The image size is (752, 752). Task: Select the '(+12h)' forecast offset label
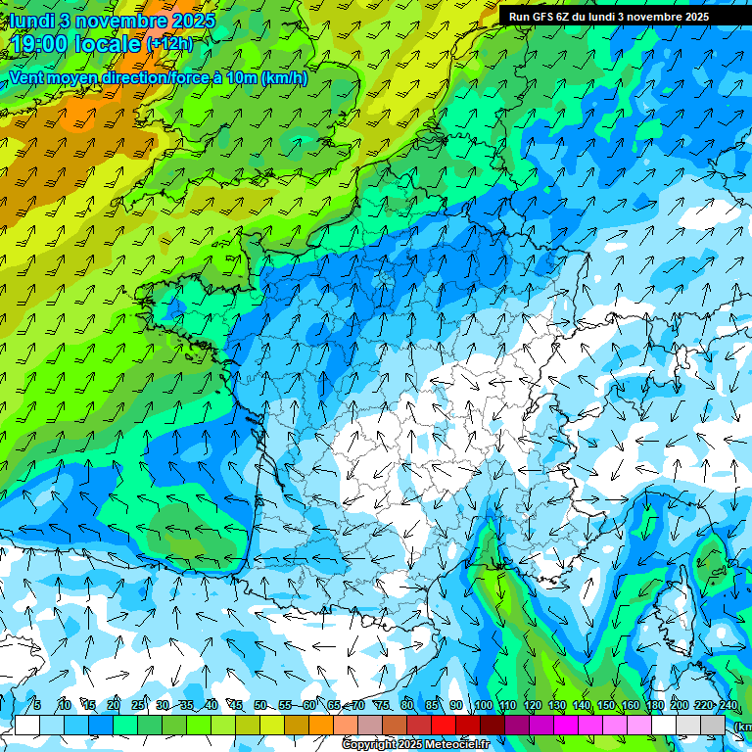(x=170, y=44)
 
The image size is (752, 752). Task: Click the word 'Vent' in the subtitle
(x=28, y=77)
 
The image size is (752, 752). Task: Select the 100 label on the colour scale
(x=483, y=706)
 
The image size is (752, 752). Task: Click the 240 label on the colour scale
(x=728, y=706)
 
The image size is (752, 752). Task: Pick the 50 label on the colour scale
(x=260, y=706)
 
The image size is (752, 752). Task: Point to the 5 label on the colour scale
(x=37, y=706)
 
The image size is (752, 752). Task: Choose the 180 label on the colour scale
(x=654, y=706)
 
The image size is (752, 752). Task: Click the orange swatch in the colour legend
(x=321, y=726)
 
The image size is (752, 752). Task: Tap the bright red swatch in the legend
(x=444, y=726)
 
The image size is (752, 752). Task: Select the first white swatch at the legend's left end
(x=27, y=726)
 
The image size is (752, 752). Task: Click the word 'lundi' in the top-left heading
(x=31, y=21)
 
